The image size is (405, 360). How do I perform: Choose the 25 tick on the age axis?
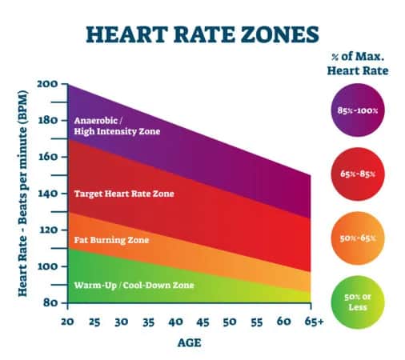pos(94,321)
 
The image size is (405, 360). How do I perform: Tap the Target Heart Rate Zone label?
pos(123,194)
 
